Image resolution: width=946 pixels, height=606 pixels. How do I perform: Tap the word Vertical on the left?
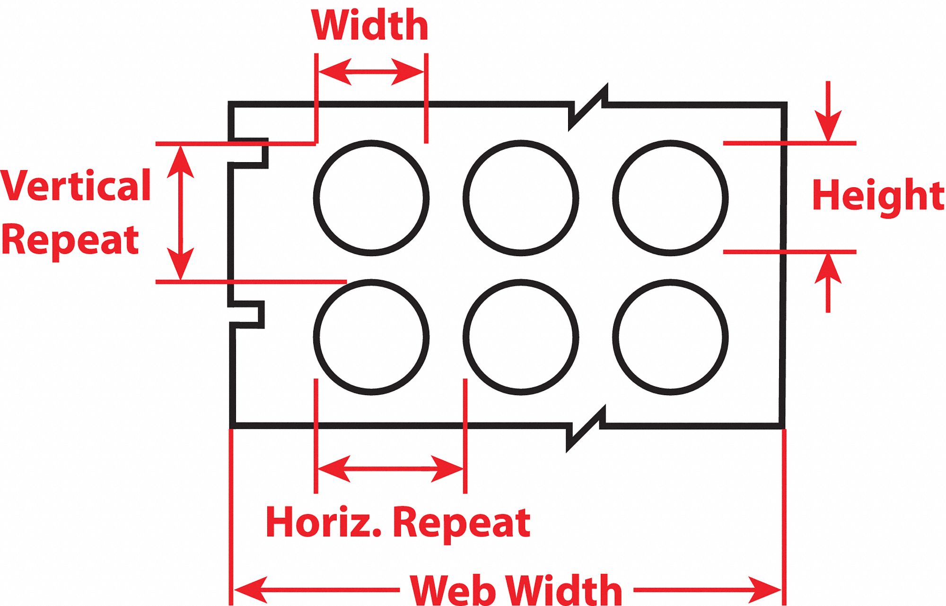click(x=76, y=186)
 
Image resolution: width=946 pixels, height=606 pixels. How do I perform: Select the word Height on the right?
click(x=878, y=196)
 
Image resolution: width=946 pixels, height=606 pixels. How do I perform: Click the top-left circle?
click(x=371, y=198)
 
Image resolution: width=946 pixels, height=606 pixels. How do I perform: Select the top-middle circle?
click(x=521, y=198)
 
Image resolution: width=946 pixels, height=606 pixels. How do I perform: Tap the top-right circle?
click(x=670, y=198)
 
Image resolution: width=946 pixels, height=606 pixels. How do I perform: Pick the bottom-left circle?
click(x=371, y=337)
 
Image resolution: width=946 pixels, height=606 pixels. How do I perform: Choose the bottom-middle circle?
click(x=521, y=337)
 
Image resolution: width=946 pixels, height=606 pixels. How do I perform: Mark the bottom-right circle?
click(x=670, y=337)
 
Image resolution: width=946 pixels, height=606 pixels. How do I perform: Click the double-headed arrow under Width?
click(x=371, y=72)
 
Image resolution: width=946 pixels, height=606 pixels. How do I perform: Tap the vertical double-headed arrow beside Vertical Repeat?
click(x=180, y=213)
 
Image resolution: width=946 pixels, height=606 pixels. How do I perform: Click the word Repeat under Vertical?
click(x=70, y=240)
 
